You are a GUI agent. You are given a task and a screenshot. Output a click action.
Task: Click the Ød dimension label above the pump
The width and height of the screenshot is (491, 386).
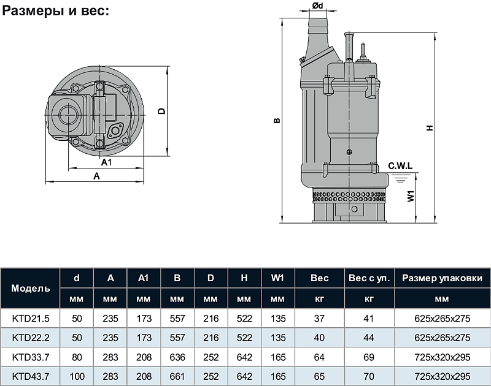tap(317, 6)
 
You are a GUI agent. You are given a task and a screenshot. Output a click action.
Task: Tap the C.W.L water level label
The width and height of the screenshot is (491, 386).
tap(400, 165)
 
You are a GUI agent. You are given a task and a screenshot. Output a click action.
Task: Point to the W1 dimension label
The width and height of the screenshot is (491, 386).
tap(411, 196)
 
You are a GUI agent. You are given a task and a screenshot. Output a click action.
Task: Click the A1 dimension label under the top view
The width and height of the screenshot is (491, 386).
tap(106, 162)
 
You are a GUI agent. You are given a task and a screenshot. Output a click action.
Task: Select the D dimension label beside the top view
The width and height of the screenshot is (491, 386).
tap(161, 111)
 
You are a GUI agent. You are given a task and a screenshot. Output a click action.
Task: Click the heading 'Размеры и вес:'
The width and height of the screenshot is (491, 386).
tap(56, 10)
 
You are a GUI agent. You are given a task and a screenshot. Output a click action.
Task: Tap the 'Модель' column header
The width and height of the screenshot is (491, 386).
tap(30, 288)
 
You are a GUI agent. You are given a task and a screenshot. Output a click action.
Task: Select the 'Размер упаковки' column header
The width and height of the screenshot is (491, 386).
tap(442, 278)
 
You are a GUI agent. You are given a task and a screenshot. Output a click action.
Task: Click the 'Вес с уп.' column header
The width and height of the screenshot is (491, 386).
tap(369, 278)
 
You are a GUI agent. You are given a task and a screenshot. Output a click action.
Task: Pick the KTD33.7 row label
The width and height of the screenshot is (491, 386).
tap(31, 357)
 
